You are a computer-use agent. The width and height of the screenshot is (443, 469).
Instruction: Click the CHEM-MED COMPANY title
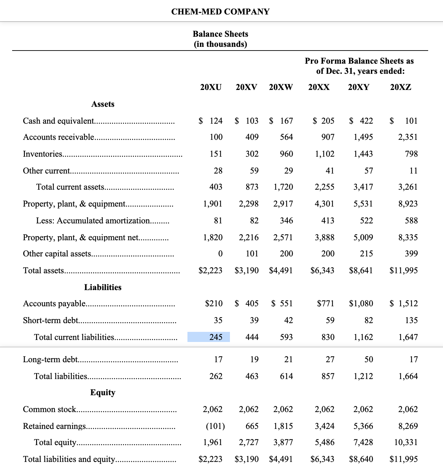point(220,12)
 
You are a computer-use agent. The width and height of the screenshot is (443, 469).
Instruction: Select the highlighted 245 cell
point(209,337)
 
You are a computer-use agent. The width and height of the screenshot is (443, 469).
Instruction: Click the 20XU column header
point(211,87)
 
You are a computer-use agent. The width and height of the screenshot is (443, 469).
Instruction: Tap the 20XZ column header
point(401,87)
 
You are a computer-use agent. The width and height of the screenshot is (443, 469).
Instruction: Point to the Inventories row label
point(42,154)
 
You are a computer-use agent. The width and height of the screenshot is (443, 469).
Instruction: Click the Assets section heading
point(103,104)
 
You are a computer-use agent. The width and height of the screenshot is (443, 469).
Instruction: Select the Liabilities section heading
point(103,287)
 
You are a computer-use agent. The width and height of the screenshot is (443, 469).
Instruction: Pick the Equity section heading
point(103,393)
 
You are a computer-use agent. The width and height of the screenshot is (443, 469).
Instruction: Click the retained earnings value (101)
point(215,426)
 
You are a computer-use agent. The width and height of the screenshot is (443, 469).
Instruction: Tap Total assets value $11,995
point(404,271)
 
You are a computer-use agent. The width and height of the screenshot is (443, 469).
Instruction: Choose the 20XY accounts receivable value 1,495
point(363,137)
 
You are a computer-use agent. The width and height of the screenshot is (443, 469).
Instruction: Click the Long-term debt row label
point(50,359)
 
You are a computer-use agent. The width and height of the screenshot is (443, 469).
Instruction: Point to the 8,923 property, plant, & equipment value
point(408,204)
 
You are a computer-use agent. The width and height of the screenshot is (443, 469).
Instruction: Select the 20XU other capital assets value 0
point(220,254)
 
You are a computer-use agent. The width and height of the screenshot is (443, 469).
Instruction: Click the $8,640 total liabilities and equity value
point(361,459)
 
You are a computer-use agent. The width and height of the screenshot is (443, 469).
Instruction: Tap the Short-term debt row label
point(51,320)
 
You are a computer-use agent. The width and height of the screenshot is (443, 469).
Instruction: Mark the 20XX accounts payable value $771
point(325,304)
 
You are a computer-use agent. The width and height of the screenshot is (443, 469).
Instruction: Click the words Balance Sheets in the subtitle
point(220,34)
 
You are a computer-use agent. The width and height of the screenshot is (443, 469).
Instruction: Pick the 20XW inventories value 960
point(286,154)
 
